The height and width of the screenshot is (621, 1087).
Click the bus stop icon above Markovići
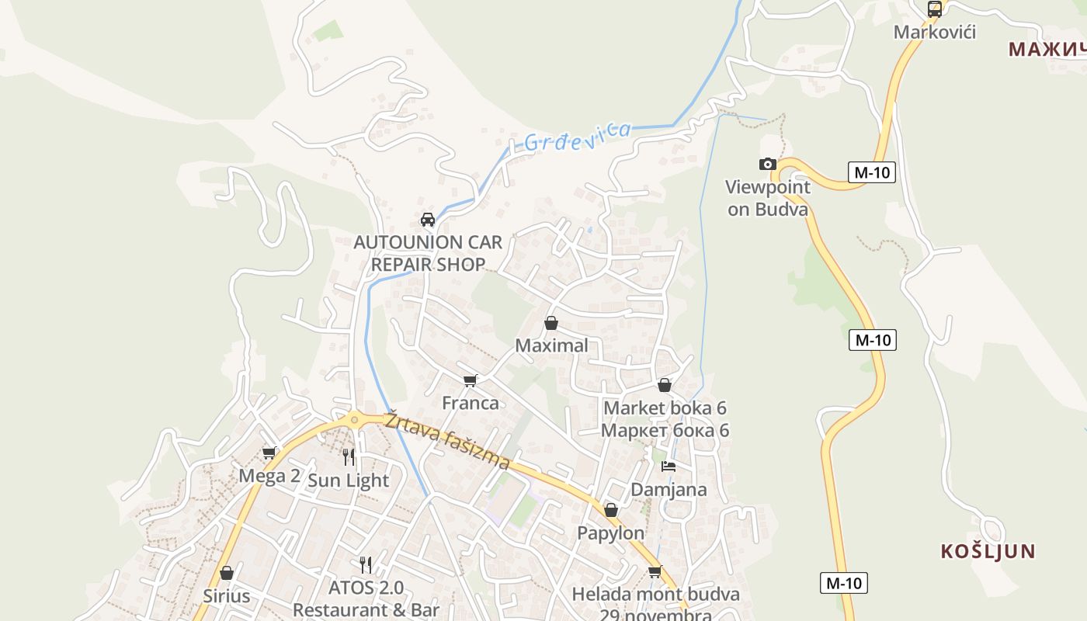[935, 9]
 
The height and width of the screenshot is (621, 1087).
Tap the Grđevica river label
[577, 137]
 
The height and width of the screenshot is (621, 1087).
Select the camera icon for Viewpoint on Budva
[767, 164]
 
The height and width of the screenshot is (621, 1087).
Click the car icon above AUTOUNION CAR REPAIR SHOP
[427, 220]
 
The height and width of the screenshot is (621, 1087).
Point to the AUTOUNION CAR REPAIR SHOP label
[428, 253]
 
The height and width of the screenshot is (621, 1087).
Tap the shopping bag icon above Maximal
[551, 323]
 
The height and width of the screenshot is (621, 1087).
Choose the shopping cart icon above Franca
[470, 380]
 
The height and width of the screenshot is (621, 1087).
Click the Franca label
[470, 403]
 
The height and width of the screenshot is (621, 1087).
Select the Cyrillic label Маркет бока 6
[665, 430]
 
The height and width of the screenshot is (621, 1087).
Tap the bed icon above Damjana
[669, 467]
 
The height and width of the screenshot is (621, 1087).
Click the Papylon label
[610, 533]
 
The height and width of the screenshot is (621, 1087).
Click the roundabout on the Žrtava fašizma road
[355, 420]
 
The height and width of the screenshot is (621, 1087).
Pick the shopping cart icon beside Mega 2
[269, 453]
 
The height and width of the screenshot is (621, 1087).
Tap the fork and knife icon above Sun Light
[349, 456]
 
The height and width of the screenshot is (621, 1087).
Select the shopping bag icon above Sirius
[227, 573]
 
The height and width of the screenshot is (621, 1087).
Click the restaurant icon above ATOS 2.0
[366, 564]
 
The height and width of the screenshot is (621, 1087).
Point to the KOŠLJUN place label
[988, 552]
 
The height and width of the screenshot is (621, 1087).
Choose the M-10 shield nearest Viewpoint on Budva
[871, 172]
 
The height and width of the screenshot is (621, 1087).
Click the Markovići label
[934, 33]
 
